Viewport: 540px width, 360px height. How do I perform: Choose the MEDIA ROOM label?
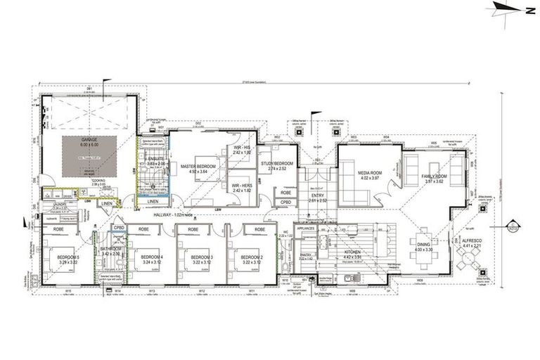(x=369, y=173)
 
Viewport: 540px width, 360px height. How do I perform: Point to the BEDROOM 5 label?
(x=69, y=257)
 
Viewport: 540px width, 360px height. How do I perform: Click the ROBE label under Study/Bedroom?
(x=286, y=192)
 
